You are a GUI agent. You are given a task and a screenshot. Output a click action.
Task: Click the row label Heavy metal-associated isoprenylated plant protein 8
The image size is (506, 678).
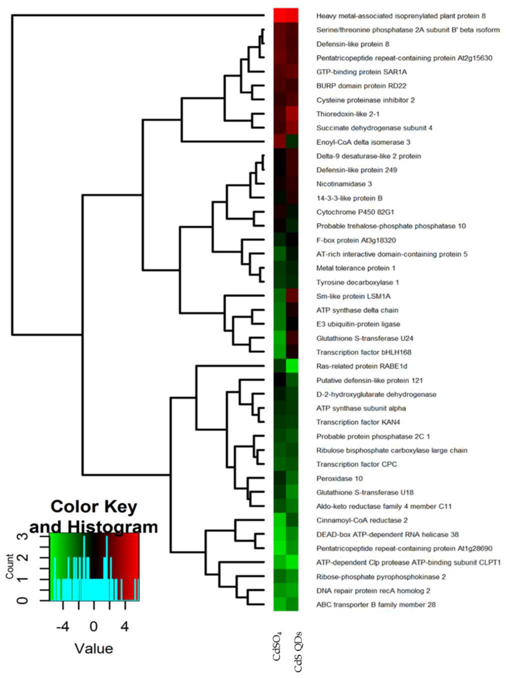coord(400,16)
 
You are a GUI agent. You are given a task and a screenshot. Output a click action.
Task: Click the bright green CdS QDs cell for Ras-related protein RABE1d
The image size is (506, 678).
coord(292,366)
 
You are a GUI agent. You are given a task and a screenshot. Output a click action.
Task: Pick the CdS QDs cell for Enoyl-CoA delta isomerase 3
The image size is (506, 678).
coord(292,142)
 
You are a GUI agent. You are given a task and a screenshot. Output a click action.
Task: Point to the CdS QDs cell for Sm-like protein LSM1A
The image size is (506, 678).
coord(292,296)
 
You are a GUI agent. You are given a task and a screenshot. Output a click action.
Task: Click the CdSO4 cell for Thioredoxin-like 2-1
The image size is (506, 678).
coord(280,114)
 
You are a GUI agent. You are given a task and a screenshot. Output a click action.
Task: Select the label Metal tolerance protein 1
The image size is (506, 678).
coord(356,268)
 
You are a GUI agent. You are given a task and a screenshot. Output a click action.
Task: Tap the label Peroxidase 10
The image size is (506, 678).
coord(339,478)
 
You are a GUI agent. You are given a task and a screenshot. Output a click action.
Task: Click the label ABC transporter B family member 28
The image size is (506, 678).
coord(376,605)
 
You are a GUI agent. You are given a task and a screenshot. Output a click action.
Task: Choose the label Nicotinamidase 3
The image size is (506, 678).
coord(344,184)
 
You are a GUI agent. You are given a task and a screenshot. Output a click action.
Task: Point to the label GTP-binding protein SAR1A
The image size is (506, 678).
coord(361,72)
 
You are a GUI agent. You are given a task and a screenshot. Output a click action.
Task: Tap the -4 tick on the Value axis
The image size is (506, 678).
coord(63,627)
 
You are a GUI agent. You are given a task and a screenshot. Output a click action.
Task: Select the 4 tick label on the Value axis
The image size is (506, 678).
coord(124,627)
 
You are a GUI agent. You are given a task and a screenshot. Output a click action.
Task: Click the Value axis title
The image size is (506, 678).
coord(94,648)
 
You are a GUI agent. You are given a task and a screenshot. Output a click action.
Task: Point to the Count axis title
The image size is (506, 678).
coord(9,566)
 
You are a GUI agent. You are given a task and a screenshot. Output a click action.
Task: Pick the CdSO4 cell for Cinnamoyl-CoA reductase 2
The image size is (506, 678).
coord(280,520)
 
